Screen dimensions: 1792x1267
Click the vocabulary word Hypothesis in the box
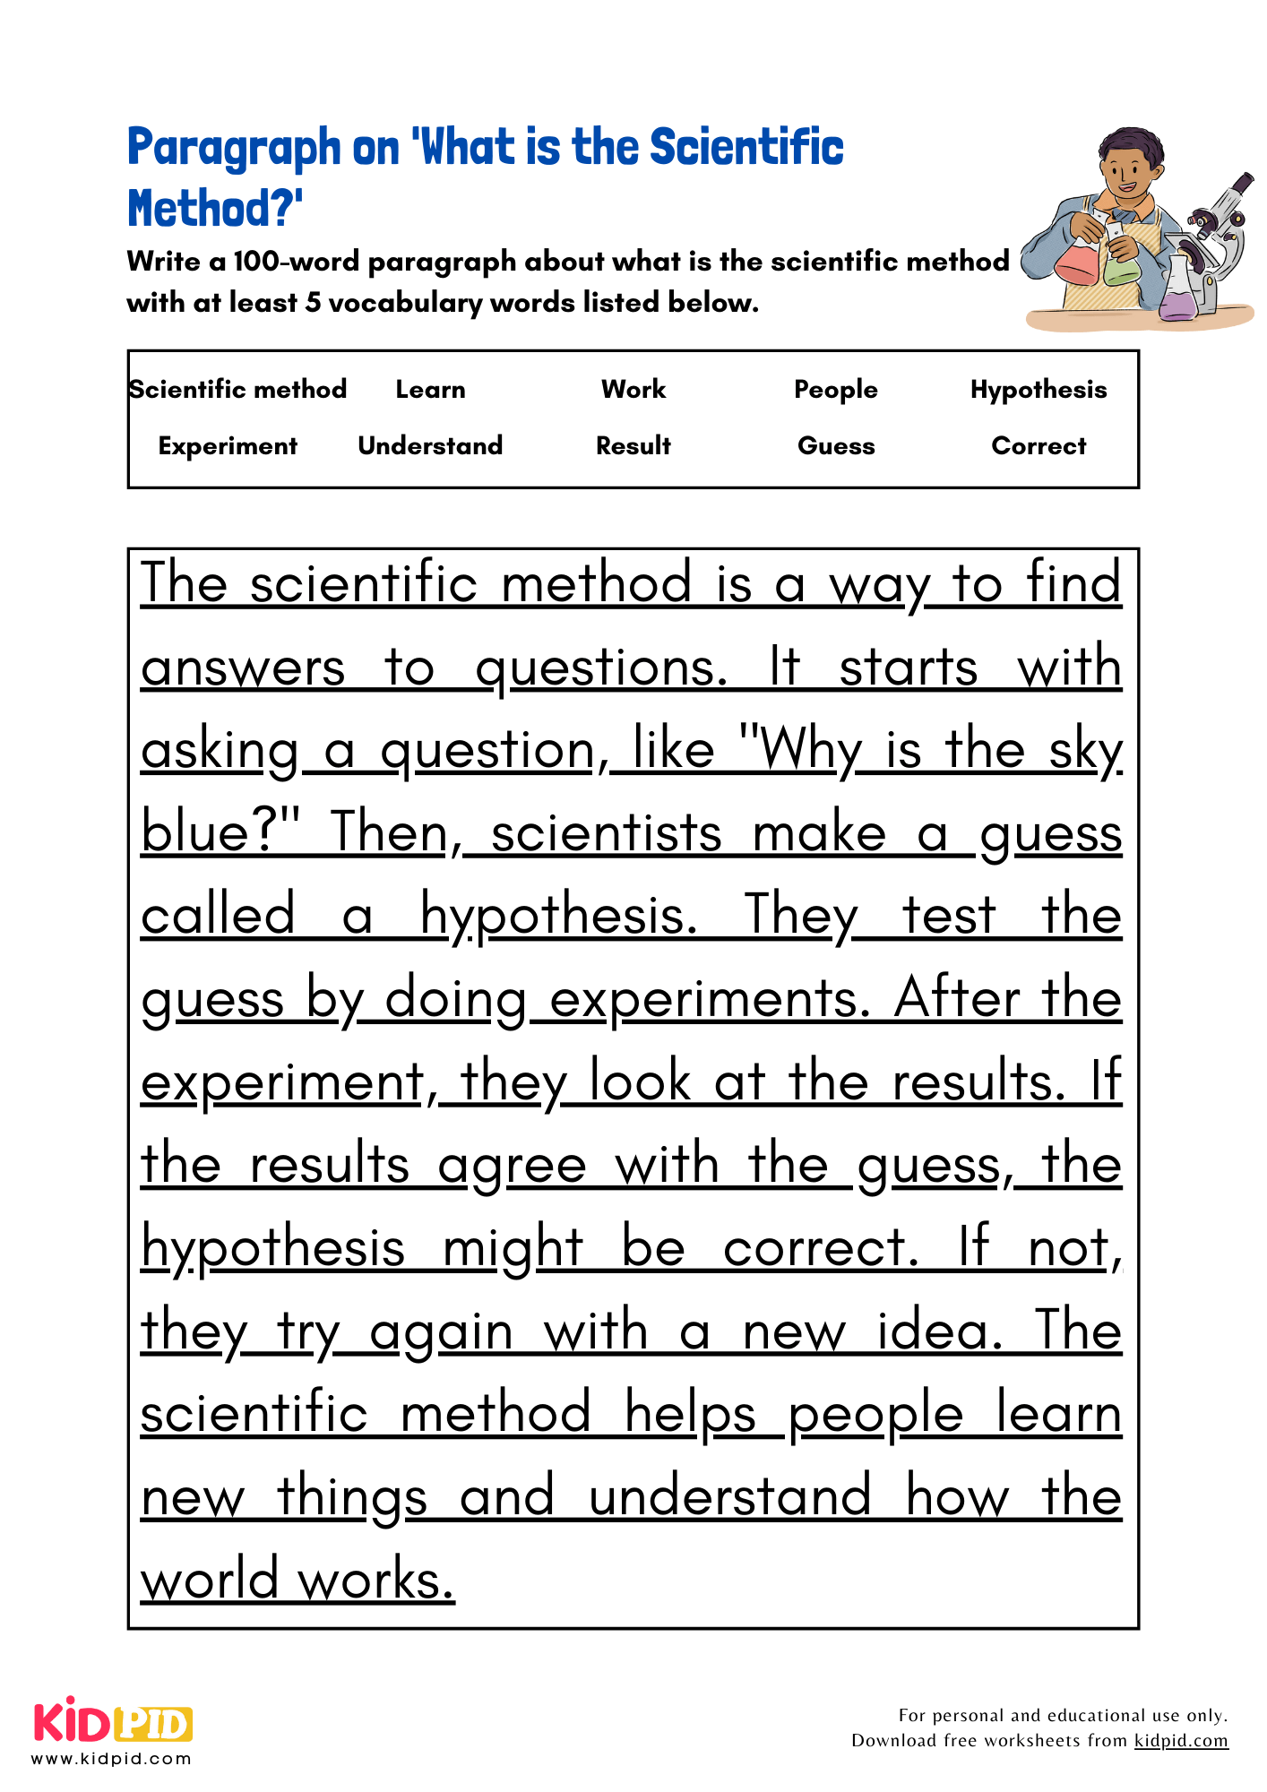click(x=1039, y=390)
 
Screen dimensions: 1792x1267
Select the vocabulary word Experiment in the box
click(x=228, y=446)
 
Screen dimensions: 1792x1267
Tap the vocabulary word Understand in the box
click(x=430, y=446)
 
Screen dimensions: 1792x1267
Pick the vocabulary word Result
click(x=633, y=446)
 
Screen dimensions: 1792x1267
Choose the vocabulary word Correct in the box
click(x=1039, y=446)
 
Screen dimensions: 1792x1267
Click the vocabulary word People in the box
click(x=836, y=390)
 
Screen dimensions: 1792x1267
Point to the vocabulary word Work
click(x=633, y=390)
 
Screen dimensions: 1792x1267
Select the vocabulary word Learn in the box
click(x=430, y=390)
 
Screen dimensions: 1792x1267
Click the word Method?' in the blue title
click(x=215, y=209)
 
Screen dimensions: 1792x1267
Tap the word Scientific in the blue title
click(x=746, y=148)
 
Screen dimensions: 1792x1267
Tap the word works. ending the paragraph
click(x=376, y=1581)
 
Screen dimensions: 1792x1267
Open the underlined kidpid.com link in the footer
click(x=1181, y=1740)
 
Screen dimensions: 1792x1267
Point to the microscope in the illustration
click(x=1214, y=233)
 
